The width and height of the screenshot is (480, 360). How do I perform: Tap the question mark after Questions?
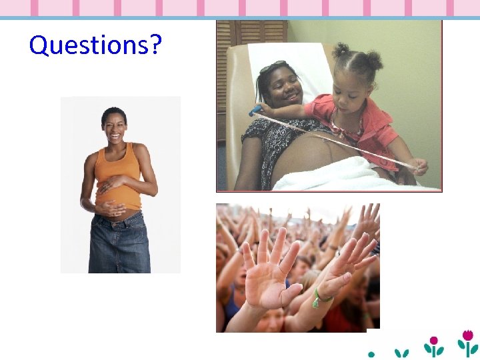point(155,45)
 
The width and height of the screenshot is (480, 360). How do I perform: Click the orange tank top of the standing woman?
point(117,176)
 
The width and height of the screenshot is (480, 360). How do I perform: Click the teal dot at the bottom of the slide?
point(371,353)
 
